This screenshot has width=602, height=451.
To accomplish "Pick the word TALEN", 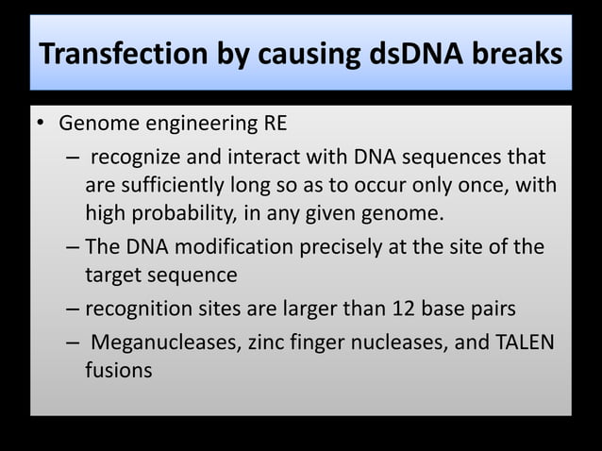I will (x=521, y=342).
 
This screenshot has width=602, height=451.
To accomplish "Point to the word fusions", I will (x=118, y=370).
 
